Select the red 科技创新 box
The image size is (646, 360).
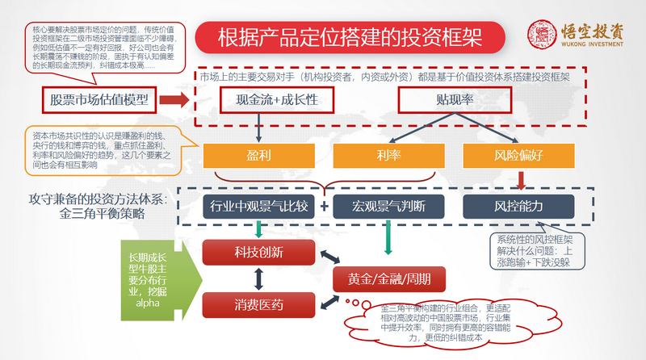click(x=258, y=253)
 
